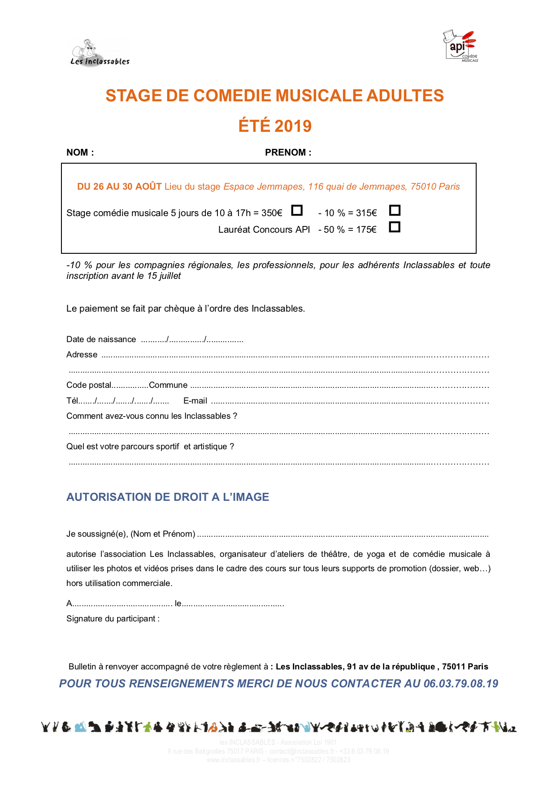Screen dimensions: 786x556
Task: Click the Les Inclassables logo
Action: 100,53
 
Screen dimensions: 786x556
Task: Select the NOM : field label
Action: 80,152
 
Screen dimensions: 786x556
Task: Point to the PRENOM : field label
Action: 288,152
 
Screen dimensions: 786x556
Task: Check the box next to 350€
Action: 297,210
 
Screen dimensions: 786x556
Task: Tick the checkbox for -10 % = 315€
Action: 395,210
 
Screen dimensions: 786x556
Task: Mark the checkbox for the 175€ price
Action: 395,227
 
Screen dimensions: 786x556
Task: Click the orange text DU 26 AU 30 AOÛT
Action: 119,187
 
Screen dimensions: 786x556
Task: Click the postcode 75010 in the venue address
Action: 423,187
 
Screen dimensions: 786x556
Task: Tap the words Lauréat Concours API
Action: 264,230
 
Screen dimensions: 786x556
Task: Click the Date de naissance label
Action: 101,339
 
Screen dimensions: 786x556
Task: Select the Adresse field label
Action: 82,355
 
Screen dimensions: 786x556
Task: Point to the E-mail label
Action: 195,401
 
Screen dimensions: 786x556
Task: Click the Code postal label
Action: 89,385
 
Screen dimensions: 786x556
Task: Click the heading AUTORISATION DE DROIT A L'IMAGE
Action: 168,497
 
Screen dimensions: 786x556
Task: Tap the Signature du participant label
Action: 113,619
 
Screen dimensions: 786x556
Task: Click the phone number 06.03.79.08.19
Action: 460,683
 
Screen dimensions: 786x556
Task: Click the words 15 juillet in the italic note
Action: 164,276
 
